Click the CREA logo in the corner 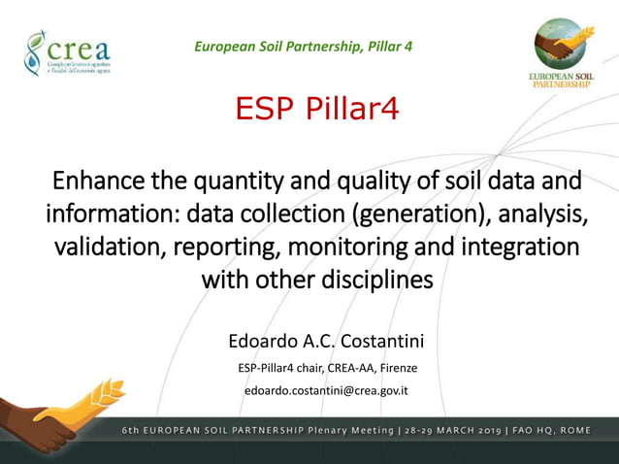click(x=66, y=53)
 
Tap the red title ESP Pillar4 click(x=317, y=110)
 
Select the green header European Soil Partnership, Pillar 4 click(x=303, y=46)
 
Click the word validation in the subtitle click(x=107, y=246)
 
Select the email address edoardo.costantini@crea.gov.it click(x=325, y=390)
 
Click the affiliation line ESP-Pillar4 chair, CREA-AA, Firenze click(x=327, y=367)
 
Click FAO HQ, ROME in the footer click(x=568, y=430)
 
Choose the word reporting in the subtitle click(x=218, y=246)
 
